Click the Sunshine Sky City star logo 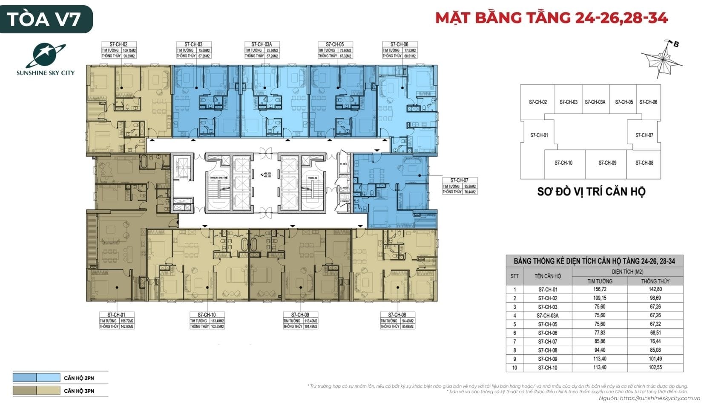click(x=45, y=55)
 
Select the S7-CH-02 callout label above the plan click(x=118, y=44)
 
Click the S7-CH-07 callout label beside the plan click(x=459, y=180)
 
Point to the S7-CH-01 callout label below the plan click(x=117, y=315)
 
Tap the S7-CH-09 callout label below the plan click(x=300, y=315)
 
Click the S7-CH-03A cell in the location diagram click(x=595, y=102)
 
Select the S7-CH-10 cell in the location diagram click(x=563, y=162)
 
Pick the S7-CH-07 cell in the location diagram click(x=644, y=135)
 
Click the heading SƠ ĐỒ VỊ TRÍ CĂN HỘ click(x=591, y=191)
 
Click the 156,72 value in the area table click(x=600, y=290)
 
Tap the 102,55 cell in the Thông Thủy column click(x=655, y=367)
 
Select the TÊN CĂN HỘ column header click(x=548, y=276)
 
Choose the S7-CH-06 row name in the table click(x=548, y=333)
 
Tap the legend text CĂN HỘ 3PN click(x=79, y=391)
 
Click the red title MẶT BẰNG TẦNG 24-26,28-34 click(x=552, y=17)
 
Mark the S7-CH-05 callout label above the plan click(x=334, y=44)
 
